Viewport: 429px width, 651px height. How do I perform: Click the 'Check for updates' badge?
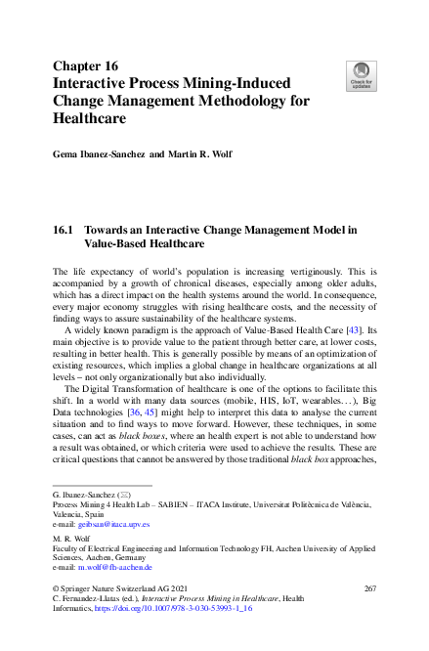point(361,76)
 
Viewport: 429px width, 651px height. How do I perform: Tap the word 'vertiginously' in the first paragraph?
point(321,268)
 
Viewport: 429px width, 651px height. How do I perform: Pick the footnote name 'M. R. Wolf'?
point(72,539)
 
